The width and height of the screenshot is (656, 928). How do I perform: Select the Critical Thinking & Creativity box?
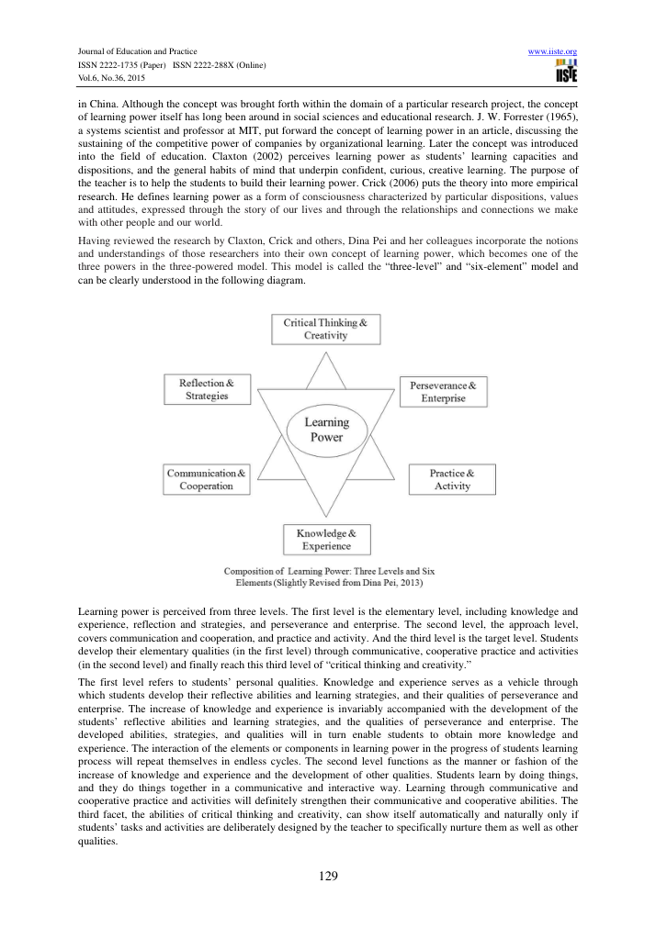click(x=326, y=330)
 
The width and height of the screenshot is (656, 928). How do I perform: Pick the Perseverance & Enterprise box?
click(x=443, y=392)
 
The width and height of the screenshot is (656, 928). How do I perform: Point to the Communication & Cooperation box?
click(x=206, y=479)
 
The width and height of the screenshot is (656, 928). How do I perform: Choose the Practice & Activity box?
click(x=452, y=479)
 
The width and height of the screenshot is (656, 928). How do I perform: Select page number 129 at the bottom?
click(x=328, y=876)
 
